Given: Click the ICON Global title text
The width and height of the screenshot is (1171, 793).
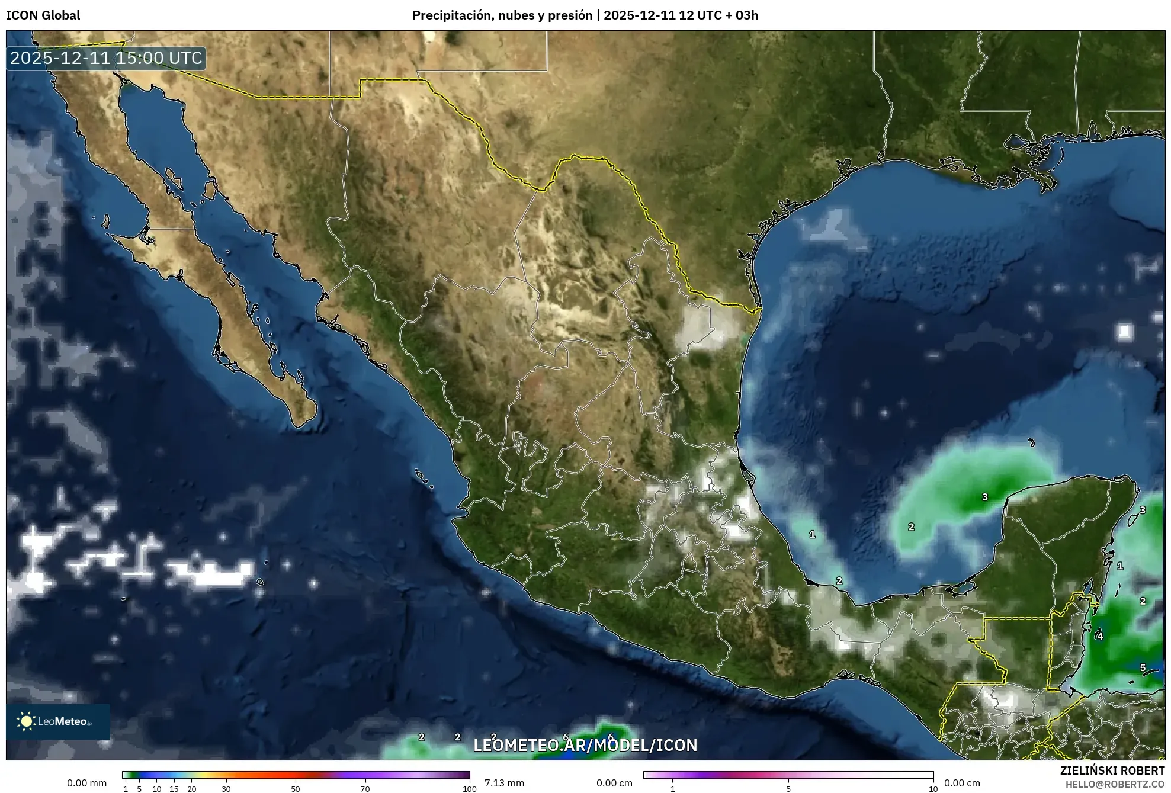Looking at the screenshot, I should click(43, 15).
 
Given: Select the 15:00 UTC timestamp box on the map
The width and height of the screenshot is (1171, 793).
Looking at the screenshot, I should click(106, 58).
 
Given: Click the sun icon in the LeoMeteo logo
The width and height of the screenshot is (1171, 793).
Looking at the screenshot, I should click(26, 721).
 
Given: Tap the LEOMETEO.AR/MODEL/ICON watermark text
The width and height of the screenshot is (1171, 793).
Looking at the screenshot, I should click(585, 745).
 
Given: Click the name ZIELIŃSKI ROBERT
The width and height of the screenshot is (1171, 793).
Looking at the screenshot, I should click(1112, 770).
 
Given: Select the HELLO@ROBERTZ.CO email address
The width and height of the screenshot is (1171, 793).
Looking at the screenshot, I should click(1115, 784).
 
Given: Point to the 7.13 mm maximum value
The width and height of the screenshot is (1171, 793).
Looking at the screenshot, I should click(504, 783).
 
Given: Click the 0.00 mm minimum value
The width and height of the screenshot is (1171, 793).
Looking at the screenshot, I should click(86, 783).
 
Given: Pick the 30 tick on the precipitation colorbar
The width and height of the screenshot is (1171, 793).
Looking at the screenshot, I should click(226, 789).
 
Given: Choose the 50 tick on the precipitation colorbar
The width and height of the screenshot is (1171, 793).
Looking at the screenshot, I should click(296, 789).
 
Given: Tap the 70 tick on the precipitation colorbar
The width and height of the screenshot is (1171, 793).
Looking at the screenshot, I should click(365, 789).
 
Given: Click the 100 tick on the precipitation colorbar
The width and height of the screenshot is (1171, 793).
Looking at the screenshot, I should click(469, 789).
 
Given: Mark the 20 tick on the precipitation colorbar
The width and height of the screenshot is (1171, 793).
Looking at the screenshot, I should click(191, 789).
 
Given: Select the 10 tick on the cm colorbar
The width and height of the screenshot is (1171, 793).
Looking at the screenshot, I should click(933, 789).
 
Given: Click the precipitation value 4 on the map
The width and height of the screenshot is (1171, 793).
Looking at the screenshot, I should click(1100, 636).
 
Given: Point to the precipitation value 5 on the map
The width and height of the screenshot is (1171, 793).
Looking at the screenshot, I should click(1143, 667).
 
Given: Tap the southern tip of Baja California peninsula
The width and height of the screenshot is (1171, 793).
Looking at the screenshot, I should click(300, 424).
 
